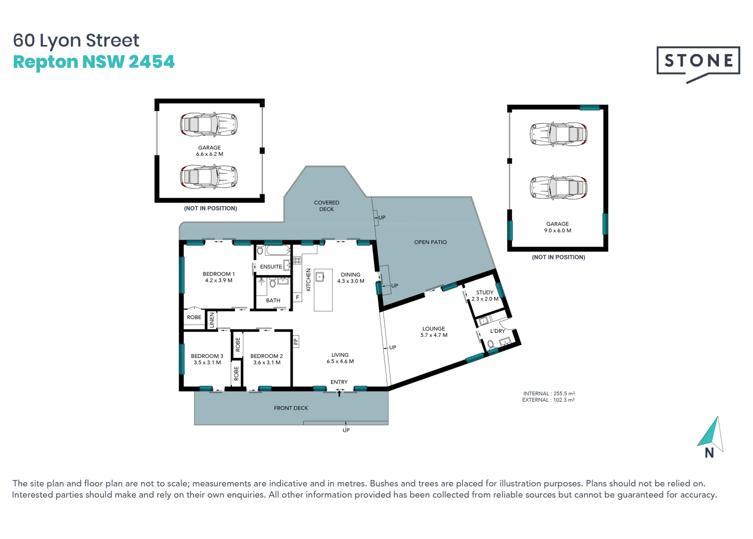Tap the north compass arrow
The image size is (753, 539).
click(x=711, y=433)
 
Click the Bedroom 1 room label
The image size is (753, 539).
click(x=218, y=274)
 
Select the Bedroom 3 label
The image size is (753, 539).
click(x=207, y=356)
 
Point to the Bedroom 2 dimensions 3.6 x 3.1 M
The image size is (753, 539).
click(x=267, y=363)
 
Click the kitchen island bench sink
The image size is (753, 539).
click(x=320, y=276)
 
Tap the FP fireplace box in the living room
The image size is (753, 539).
click(x=296, y=341)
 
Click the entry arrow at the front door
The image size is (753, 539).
click(x=340, y=393)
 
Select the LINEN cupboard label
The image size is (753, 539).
click(x=212, y=319)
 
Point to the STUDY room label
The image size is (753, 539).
click(x=485, y=292)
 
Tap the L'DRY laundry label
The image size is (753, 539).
click(x=497, y=331)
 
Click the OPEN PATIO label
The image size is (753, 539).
click(x=430, y=242)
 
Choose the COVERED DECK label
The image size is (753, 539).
click(x=327, y=206)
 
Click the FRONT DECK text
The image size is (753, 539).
click(x=291, y=408)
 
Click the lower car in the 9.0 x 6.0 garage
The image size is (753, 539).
click(x=559, y=188)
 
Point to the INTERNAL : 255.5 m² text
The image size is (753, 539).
click(x=549, y=393)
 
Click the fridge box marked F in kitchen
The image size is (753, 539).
click(x=298, y=297)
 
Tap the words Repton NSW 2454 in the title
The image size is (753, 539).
click(x=94, y=62)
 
